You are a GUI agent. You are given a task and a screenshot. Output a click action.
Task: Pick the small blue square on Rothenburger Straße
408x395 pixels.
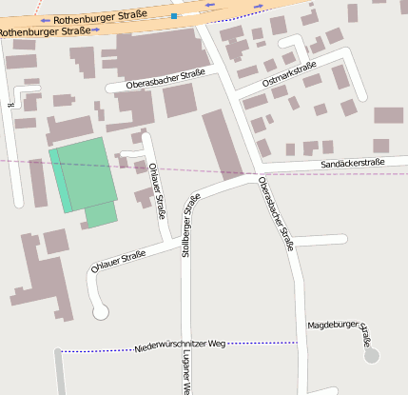coord(174,16)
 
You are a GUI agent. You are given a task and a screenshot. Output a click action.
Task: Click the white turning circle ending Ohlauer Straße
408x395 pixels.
coord(100,311)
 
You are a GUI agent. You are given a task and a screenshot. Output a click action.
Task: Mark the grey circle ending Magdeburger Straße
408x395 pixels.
coord(372,356)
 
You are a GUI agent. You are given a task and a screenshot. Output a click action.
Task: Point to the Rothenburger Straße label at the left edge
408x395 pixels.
coord(46,31)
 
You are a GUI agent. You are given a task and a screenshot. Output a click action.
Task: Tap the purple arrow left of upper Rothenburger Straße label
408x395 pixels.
coord(44,20)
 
